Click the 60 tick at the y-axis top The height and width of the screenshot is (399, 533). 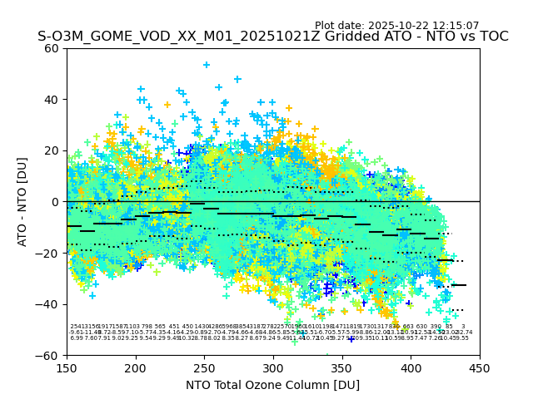click(x=52, y=48)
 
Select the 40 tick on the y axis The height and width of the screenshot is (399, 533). click(x=52, y=100)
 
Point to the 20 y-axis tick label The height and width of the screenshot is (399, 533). click(x=52, y=150)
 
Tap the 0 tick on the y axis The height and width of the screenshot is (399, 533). click(x=55, y=202)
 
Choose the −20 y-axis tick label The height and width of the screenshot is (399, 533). click(x=48, y=253)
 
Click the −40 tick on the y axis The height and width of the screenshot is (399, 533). click(x=48, y=304)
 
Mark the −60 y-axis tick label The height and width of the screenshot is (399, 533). click(x=48, y=355)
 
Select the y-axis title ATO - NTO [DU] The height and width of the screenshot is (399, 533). click(x=22, y=202)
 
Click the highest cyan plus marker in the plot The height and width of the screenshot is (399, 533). click(x=207, y=65)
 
